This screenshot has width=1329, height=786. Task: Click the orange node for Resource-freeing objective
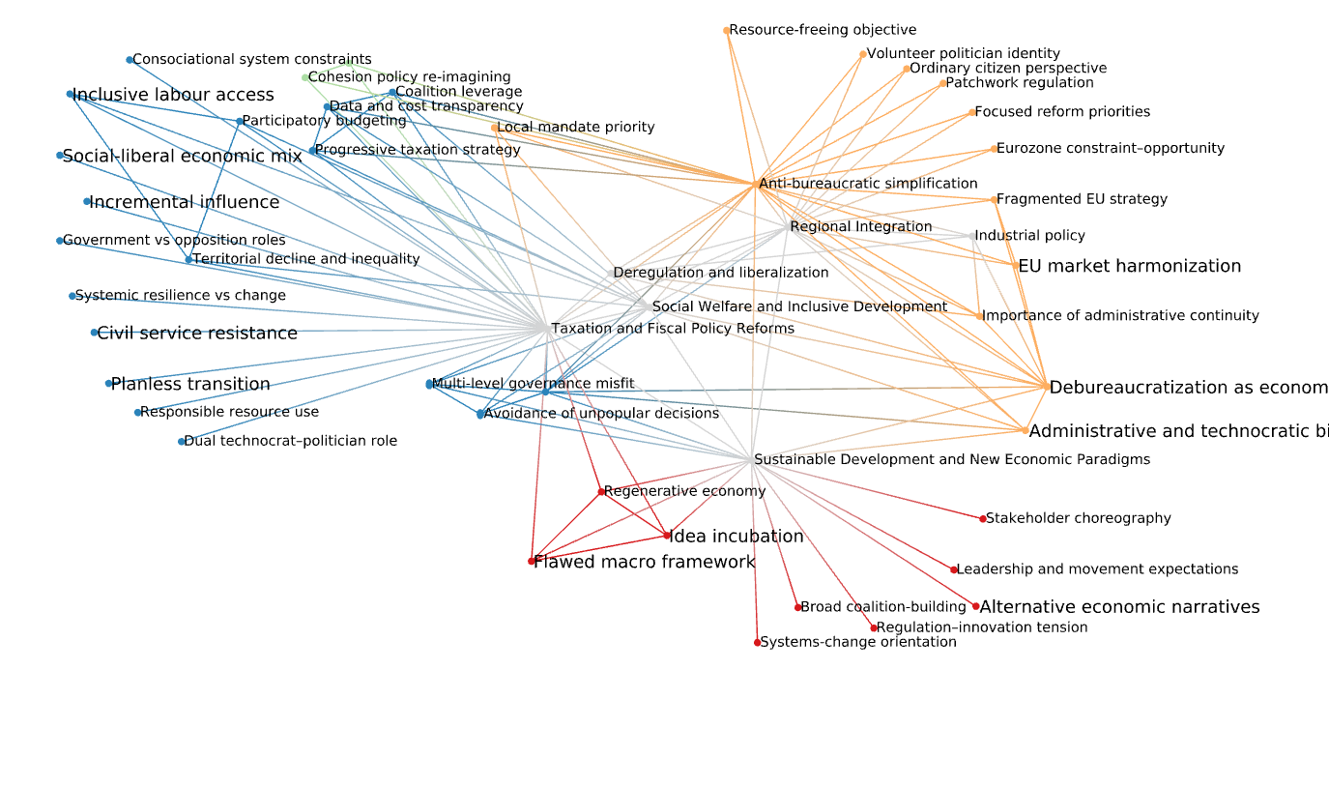pos(727,31)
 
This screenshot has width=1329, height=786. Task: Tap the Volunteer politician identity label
pos(963,54)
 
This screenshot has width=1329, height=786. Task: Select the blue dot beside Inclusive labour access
pos(70,94)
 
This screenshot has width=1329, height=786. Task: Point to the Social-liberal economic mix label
pos(182,157)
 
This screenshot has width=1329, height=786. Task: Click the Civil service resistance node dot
pos(94,333)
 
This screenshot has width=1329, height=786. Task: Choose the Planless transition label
pos(190,384)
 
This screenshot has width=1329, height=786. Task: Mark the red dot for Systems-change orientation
pos(758,642)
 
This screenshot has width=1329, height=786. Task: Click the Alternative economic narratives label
pos(1119,607)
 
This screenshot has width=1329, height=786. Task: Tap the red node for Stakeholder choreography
pos(983,519)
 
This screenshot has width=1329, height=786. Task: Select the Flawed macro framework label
pos(644,562)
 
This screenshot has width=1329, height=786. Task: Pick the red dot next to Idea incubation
pos(667,536)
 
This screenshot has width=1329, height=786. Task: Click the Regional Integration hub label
pos(860,227)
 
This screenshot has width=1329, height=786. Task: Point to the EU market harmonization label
pos(1129,266)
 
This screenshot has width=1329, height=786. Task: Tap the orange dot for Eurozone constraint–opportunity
pos(994,149)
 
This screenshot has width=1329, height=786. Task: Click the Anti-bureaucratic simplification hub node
pos(756,184)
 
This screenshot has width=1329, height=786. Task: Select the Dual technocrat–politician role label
pos(290,441)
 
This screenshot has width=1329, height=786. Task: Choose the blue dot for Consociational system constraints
pos(130,60)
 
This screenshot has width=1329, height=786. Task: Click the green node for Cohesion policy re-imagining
pos(305,77)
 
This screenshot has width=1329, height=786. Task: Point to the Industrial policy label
pos(1029,236)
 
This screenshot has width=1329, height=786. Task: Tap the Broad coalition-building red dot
pos(798,607)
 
